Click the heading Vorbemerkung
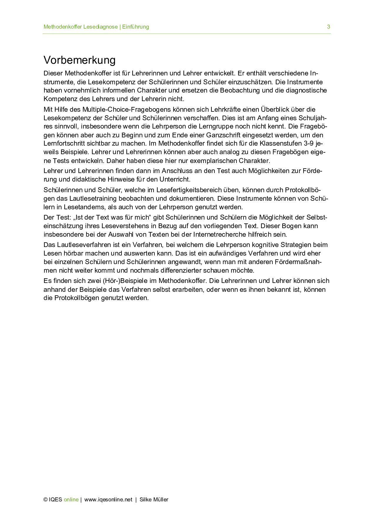point(79,60)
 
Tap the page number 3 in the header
point(328,27)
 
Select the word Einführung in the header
point(136,27)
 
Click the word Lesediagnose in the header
point(100,27)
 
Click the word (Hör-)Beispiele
point(125,281)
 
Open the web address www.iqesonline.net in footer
point(108,500)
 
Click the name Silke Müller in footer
point(154,500)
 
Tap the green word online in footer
point(71,500)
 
